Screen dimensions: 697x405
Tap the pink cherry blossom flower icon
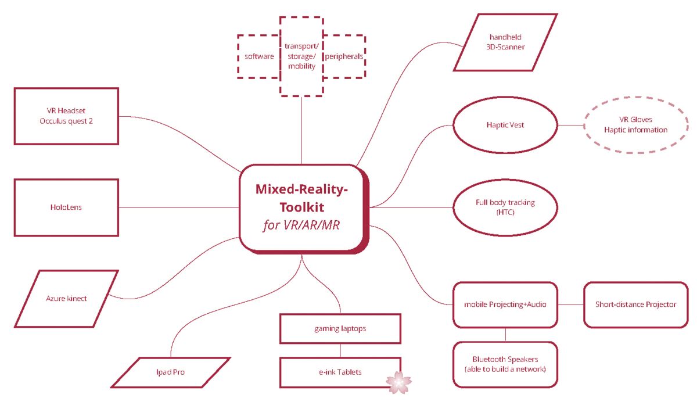tap(398, 382)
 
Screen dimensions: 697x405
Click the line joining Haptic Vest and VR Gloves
tap(570, 125)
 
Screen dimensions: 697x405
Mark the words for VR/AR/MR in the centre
tap(301, 225)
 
